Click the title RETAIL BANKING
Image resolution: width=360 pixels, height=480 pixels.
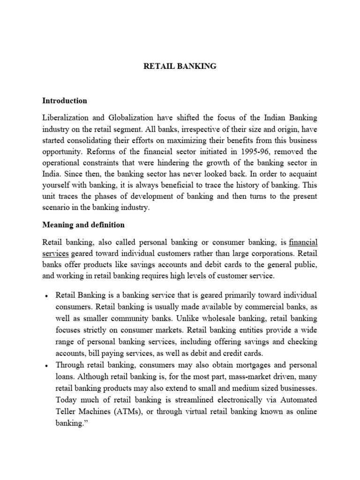click(180, 67)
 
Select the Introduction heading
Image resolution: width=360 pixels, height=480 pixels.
click(65, 100)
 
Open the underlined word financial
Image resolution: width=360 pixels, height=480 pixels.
click(303, 242)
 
